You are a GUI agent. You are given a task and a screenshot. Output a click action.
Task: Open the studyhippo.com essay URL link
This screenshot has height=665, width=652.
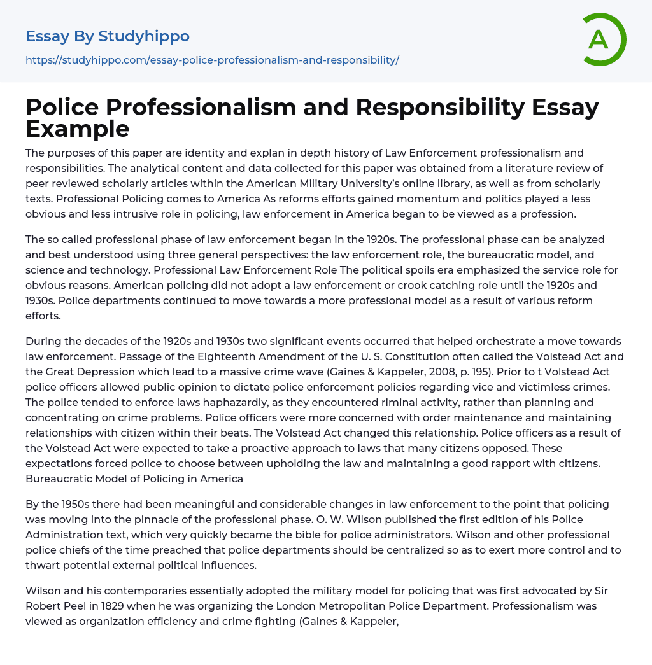[x=212, y=60]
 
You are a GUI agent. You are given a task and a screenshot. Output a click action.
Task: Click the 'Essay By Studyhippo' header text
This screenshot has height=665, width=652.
[x=108, y=36]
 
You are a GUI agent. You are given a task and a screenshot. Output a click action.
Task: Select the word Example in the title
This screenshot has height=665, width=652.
[x=77, y=129]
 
